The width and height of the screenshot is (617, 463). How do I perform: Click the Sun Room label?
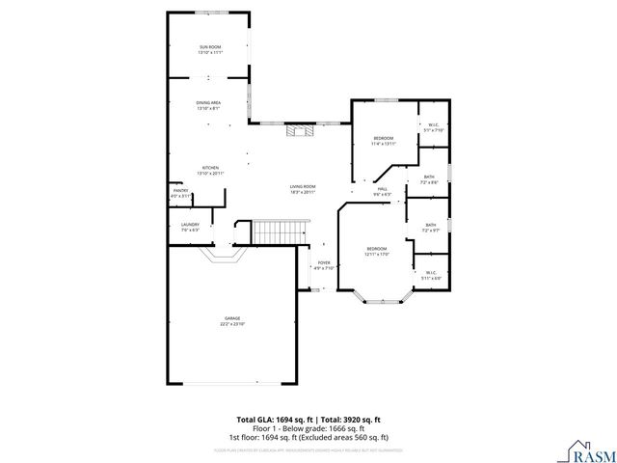click(x=209, y=49)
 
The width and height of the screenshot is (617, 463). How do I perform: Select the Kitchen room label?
click(x=209, y=170)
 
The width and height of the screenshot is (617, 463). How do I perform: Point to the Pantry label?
click(x=180, y=194)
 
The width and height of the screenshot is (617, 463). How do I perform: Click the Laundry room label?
click(x=189, y=228)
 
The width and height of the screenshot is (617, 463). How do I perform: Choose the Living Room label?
click(x=303, y=189)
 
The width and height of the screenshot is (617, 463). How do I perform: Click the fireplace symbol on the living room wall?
click(x=298, y=131)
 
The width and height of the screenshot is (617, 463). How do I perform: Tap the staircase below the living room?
click(x=281, y=232)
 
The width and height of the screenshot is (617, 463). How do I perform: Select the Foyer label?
click(x=324, y=265)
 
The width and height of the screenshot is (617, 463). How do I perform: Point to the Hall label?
click(x=382, y=191)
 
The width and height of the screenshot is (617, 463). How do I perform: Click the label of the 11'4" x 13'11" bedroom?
click(x=384, y=141)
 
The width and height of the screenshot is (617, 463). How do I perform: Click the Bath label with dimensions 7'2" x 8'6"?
click(x=429, y=179)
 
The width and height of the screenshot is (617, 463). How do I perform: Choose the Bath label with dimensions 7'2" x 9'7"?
click(x=430, y=228)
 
